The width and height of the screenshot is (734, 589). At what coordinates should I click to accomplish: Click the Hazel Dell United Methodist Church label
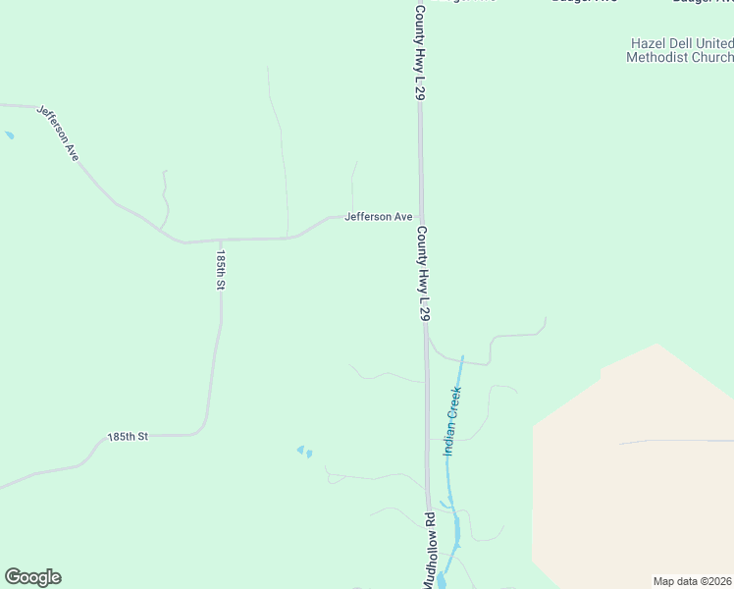click(x=679, y=51)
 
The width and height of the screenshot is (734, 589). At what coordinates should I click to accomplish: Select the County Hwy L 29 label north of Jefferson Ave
click(x=419, y=52)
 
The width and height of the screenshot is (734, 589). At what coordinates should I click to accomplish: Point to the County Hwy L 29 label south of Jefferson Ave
click(x=423, y=274)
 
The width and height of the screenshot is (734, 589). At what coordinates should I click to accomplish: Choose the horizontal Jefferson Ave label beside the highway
click(x=378, y=217)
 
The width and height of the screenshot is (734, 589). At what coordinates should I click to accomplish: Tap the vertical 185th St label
click(x=222, y=268)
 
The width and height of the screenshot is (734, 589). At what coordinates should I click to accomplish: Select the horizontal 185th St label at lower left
click(x=127, y=436)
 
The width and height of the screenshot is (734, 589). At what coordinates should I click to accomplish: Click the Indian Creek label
click(x=452, y=420)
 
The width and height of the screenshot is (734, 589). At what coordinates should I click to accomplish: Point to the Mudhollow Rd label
click(x=429, y=550)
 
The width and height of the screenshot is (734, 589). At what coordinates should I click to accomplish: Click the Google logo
click(x=32, y=577)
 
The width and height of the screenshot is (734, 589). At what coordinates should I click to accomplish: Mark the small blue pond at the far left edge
click(x=9, y=134)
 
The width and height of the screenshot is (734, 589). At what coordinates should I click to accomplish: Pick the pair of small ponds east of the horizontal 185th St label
click(x=305, y=452)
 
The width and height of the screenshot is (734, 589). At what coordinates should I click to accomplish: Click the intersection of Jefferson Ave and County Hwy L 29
click(x=422, y=217)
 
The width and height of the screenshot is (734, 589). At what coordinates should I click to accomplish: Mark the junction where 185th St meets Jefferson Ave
click(x=221, y=240)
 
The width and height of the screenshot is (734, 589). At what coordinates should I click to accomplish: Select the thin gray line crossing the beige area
click(x=677, y=442)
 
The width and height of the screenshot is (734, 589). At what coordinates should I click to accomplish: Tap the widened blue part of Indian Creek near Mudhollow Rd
click(x=455, y=535)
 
